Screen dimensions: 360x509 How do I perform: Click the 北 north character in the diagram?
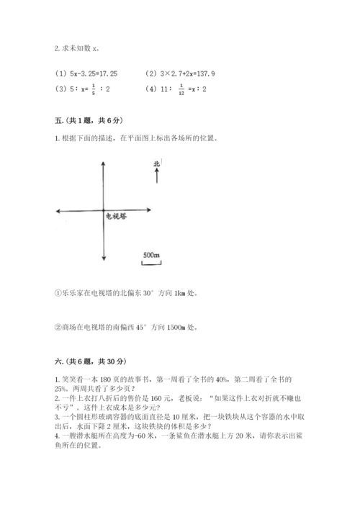(x=156, y=164)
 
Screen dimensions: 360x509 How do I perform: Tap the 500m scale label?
(x=151, y=255)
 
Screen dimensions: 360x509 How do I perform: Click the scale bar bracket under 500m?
(x=150, y=263)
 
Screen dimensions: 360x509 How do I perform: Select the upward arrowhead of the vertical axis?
(x=105, y=163)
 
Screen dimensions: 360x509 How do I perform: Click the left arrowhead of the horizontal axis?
(x=58, y=210)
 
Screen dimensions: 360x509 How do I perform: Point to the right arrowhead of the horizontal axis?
(x=150, y=210)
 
